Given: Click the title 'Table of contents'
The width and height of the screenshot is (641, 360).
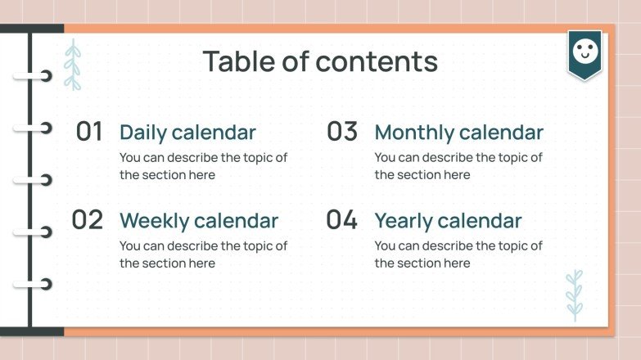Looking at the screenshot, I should pyautogui.click(x=320, y=61).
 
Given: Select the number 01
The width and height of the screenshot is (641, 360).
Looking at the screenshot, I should pyautogui.click(x=89, y=132).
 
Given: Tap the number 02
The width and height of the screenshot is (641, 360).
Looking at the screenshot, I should pyautogui.click(x=88, y=220).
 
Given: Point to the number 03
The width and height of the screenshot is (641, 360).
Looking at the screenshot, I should pyautogui.click(x=342, y=132).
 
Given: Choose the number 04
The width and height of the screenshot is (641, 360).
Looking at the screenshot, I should pyautogui.click(x=342, y=220).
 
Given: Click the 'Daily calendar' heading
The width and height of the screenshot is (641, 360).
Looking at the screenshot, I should pyautogui.click(x=187, y=133).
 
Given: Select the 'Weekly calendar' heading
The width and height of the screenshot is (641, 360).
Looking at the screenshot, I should pyautogui.click(x=199, y=221).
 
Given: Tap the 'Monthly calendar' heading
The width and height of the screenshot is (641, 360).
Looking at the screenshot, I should pyautogui.click(x=458, y=133).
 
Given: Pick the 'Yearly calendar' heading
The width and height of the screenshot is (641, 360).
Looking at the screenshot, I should pyautogui.click(x=448, y=221).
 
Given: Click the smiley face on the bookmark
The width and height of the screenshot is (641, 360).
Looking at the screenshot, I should pyautogui.click(x=585, y=52).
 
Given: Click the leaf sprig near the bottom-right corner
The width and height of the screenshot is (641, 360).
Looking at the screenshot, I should pyautogui.click(x=575, y=295).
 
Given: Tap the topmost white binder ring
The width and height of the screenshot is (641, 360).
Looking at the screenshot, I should pyautogui.click(x=34, y=77).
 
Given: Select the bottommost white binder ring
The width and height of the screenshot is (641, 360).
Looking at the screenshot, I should pyautogui.click(x=34, y=284).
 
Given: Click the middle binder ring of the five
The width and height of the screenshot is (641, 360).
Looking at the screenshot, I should pyautogui.click(x=34, y=180).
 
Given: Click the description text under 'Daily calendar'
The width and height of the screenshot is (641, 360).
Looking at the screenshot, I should pyautogui.click(x=203, y=166).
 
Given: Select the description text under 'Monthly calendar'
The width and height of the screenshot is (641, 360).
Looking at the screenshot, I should pyautogui.click(x=458, y=166).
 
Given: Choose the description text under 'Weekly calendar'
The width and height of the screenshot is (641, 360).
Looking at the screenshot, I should pyautogui.click(x=203, y=254).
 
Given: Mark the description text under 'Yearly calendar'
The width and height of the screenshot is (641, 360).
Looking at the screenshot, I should pyautogui.click(x=458, y=254).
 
